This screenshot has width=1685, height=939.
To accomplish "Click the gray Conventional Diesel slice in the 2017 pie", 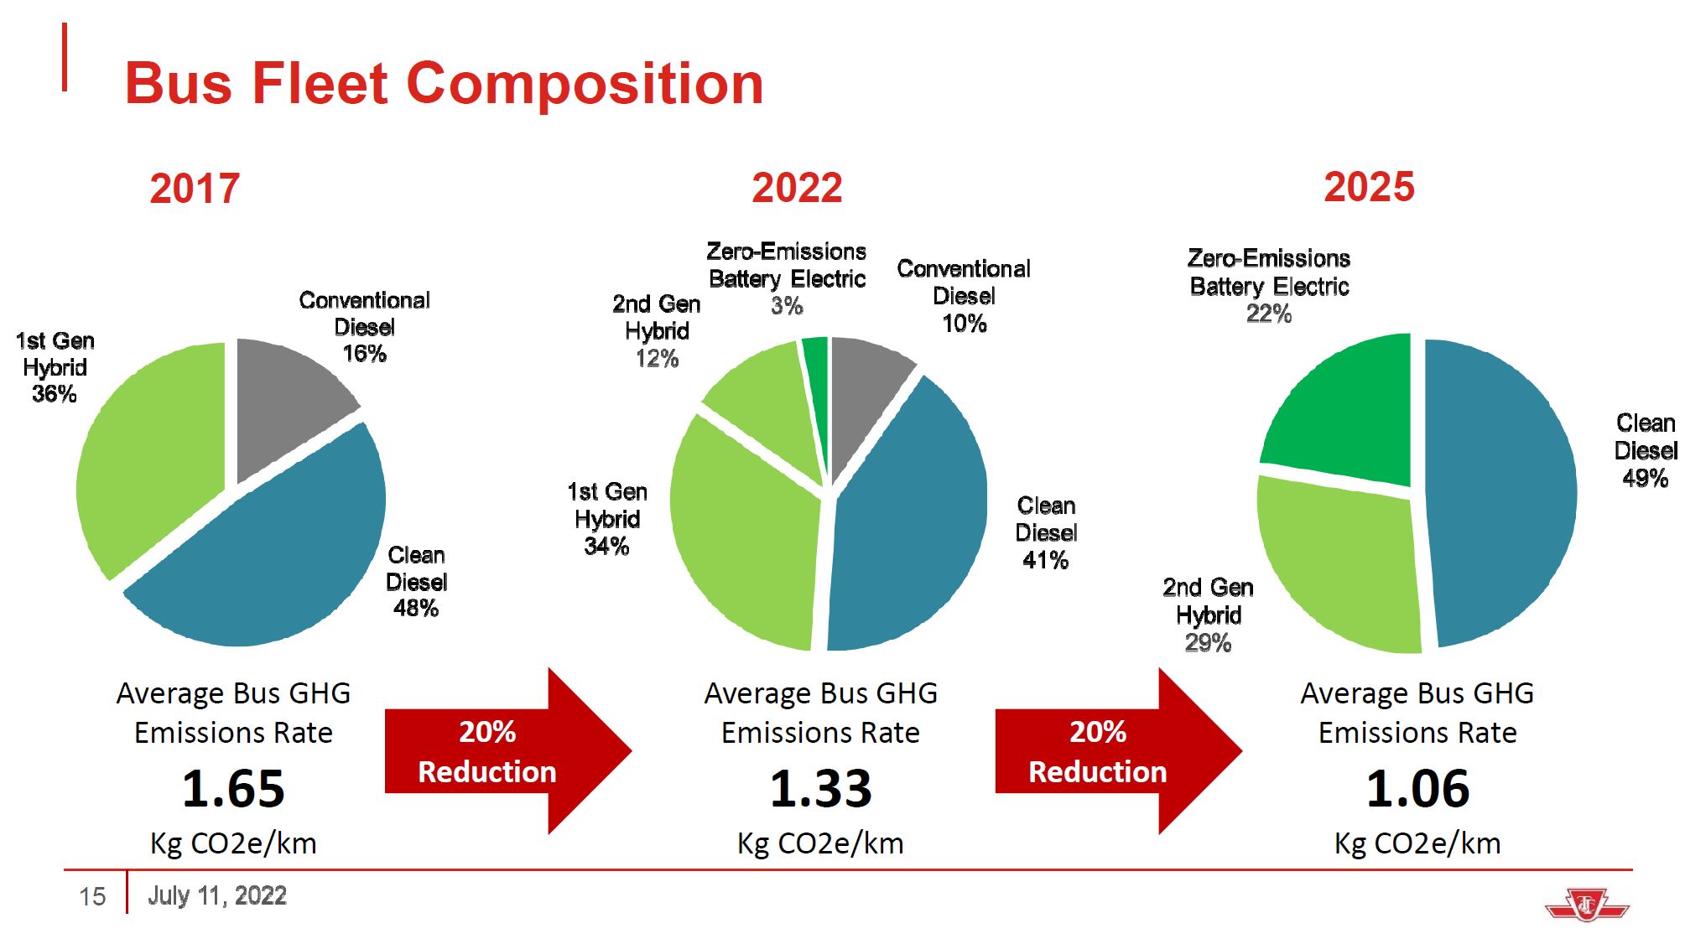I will [285, 394].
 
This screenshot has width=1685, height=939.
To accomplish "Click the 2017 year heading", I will [195, 189].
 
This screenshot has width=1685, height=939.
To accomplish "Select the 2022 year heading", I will [797, 188].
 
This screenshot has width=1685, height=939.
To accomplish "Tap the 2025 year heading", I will [1369, 187].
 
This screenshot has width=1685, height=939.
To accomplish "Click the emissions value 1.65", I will [233, 789].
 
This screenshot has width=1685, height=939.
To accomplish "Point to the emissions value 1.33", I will [820, 789].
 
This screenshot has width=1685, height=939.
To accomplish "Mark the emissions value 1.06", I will [1417, 789].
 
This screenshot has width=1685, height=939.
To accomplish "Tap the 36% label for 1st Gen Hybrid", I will [55, 394].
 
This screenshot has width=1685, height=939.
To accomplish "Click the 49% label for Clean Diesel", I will [1645, 479].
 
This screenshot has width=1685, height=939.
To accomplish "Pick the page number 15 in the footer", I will [92, 897].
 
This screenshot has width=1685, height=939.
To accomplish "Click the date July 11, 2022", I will [217, 895].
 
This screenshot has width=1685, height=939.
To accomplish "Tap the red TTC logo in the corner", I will [1586, 906].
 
